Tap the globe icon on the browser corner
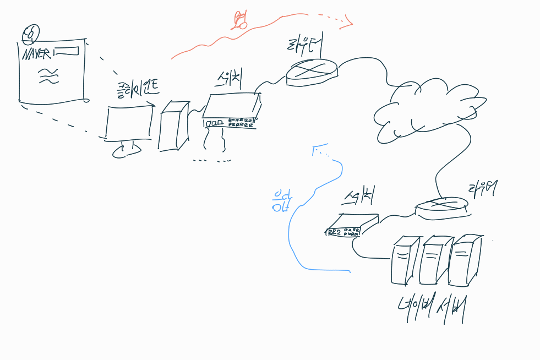30,34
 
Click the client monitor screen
128,123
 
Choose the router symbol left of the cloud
312,72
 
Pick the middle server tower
433,259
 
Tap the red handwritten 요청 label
240,20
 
